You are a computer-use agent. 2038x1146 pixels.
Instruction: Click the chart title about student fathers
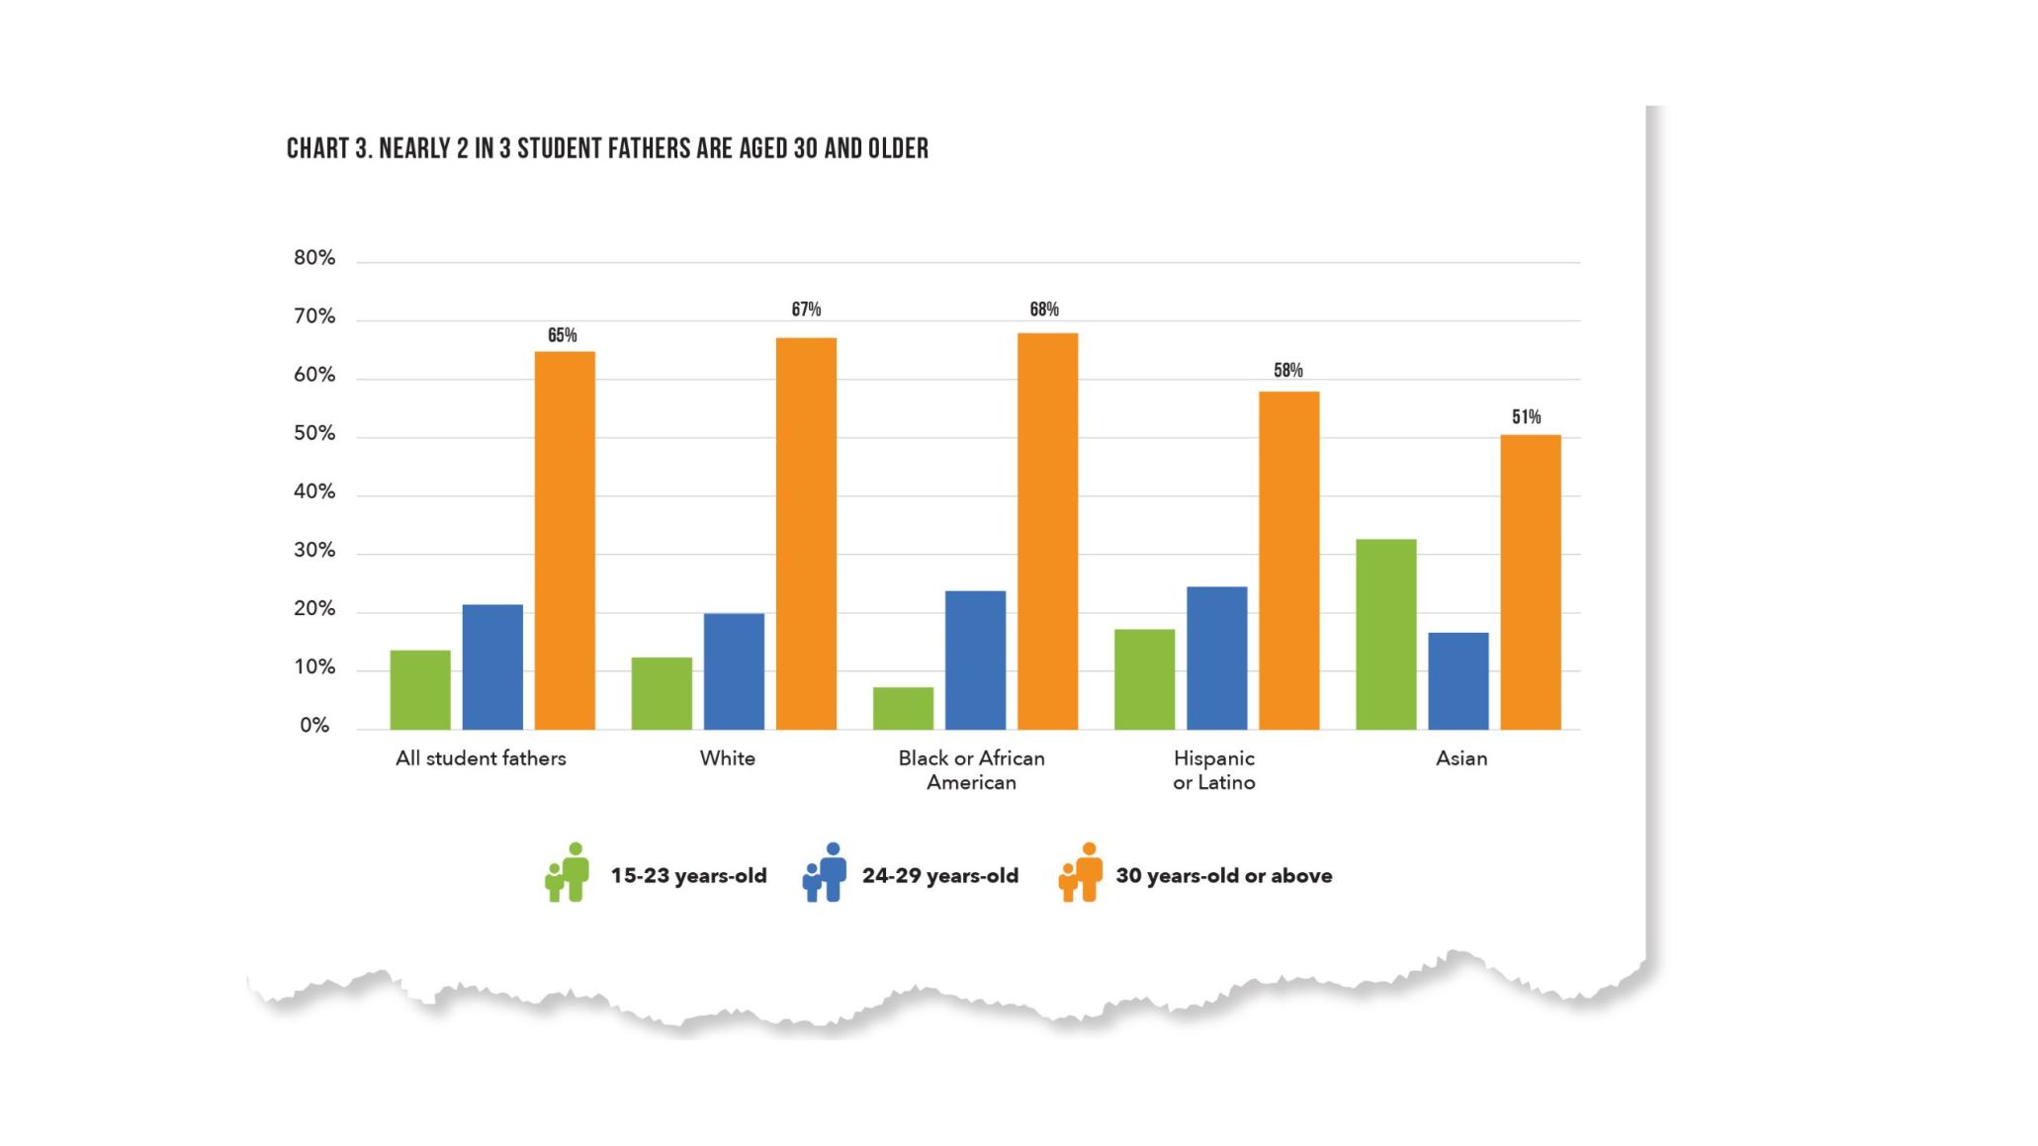[x=607, y=148]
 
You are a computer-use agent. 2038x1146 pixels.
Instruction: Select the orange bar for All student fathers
[x=565, y=541]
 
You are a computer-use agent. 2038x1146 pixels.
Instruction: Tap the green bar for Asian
[x=1385, y=634]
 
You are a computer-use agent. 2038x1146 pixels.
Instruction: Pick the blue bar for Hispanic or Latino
[x=1216, y=658]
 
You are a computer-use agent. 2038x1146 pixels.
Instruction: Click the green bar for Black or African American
[x=903, y=708]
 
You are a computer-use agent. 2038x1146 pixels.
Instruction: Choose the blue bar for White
[x=734, y=671]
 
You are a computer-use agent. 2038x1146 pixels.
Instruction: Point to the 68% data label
[x=1044, y=309]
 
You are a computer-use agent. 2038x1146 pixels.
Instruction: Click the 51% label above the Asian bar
[x=1526, y=417]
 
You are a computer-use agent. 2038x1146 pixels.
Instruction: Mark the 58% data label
[x=1287, y=371]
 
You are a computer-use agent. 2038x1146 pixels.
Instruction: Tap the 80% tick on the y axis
[x=314, y=258]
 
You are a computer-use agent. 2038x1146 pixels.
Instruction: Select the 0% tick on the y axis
[x=314, y=726]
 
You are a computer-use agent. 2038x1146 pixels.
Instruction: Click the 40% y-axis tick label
[x=314, y=492]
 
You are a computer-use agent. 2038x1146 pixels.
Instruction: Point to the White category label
[x=727, y=758]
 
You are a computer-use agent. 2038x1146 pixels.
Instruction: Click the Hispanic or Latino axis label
[x=1213, y=770]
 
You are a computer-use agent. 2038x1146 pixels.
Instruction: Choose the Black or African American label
[x=971, y=770]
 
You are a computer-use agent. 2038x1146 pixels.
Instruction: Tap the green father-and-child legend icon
[x=568, y=872]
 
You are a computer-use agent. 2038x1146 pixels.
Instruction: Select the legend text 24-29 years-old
[x=939, y=876]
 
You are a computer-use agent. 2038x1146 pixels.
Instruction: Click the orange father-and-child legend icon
[x=1081, y=872]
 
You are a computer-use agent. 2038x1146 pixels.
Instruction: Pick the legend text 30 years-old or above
[x=1223, y=876]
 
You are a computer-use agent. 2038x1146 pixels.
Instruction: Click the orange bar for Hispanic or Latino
[x=1288, y=561]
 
